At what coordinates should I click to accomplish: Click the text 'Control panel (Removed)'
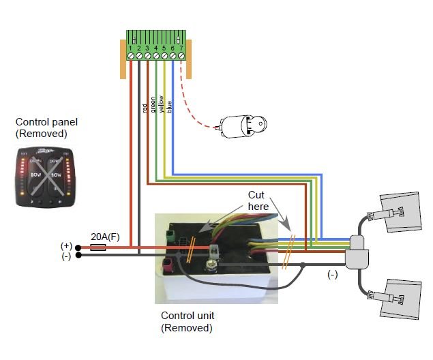[x=46, y=128]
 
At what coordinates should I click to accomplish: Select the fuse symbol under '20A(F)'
[x=98, y=247]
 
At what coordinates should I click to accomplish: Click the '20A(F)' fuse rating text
[x=105, y=235]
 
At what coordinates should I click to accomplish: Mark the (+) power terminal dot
[x=78, y=247]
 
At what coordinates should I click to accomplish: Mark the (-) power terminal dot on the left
[x=78, y=256]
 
